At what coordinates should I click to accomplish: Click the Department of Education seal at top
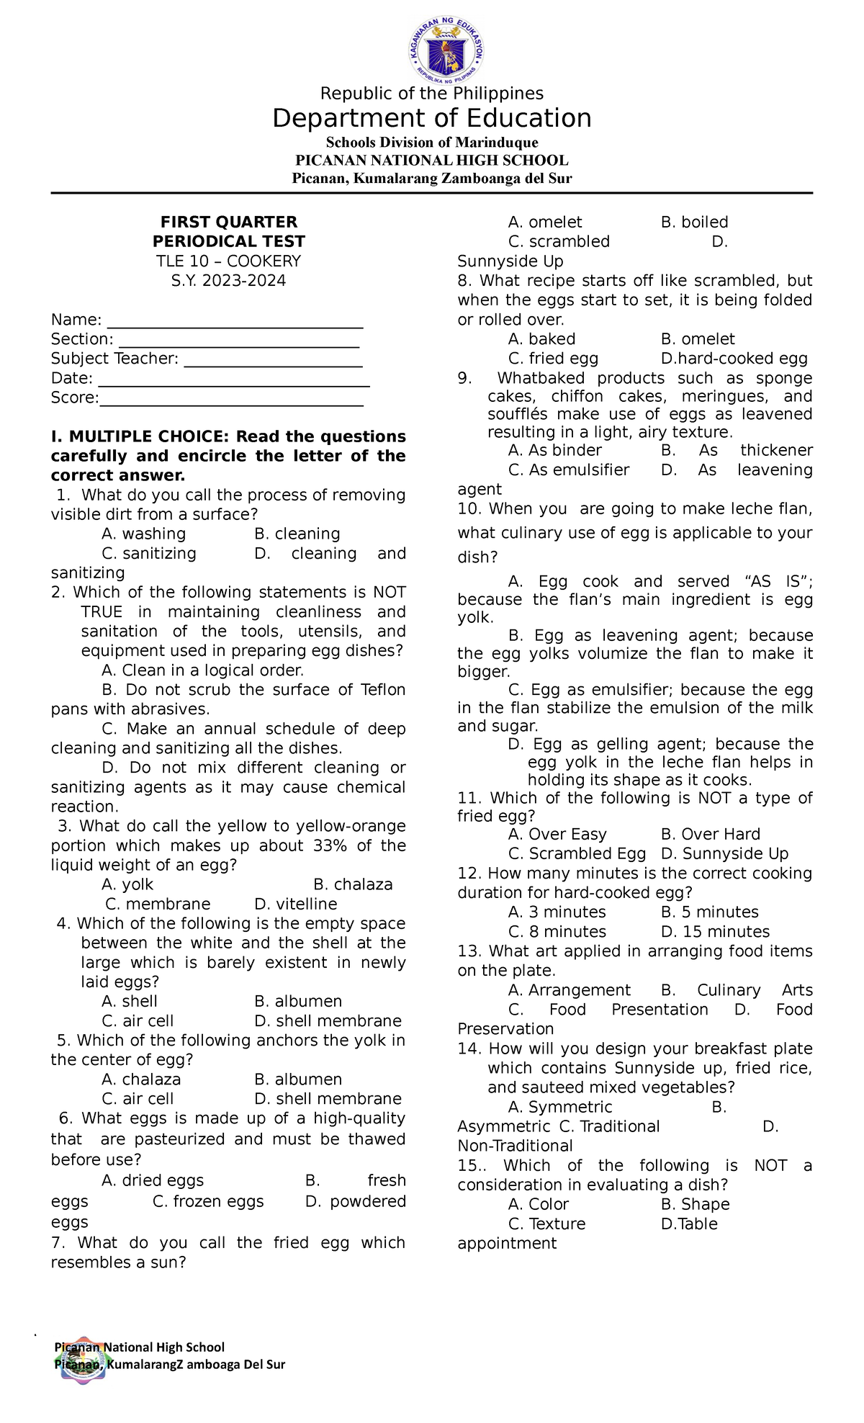pos(446,48)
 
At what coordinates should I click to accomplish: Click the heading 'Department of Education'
pos(431,119)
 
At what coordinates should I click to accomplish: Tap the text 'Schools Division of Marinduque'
pos(431,143)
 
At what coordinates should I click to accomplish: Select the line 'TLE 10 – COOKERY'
pos(228,261)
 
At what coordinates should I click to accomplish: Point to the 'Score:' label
pos(74,398)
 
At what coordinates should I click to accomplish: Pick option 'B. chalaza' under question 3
pos(353,885)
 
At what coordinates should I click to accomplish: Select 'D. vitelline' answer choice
pos(295,904)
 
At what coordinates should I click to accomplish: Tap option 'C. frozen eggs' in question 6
pos(208,1202)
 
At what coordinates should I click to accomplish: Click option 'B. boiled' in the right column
pos(694,223)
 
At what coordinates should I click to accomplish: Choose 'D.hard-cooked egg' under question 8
pos(734,359)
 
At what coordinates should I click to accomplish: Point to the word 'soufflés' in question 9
pos(517,415)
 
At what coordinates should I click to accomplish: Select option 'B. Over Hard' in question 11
pos(710,835)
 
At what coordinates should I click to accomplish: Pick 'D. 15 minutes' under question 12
pos(715,932)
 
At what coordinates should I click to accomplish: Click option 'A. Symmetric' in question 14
pos(559,1108)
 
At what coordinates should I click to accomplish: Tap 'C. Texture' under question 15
pos(546,1224)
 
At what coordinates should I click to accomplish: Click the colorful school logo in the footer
pos(84,1359)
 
